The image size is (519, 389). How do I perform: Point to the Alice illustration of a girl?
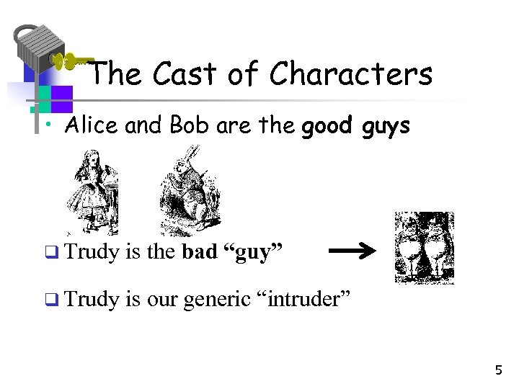(x=92, y=192)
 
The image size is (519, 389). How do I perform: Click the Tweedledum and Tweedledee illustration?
(x=425, y=248)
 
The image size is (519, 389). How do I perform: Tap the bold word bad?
(x=199, y=252)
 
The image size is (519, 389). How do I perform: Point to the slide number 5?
(x=498, y=370)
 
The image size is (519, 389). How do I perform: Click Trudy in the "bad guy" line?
(x=92, y=253)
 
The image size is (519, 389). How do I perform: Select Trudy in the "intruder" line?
(x=92, y=299)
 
